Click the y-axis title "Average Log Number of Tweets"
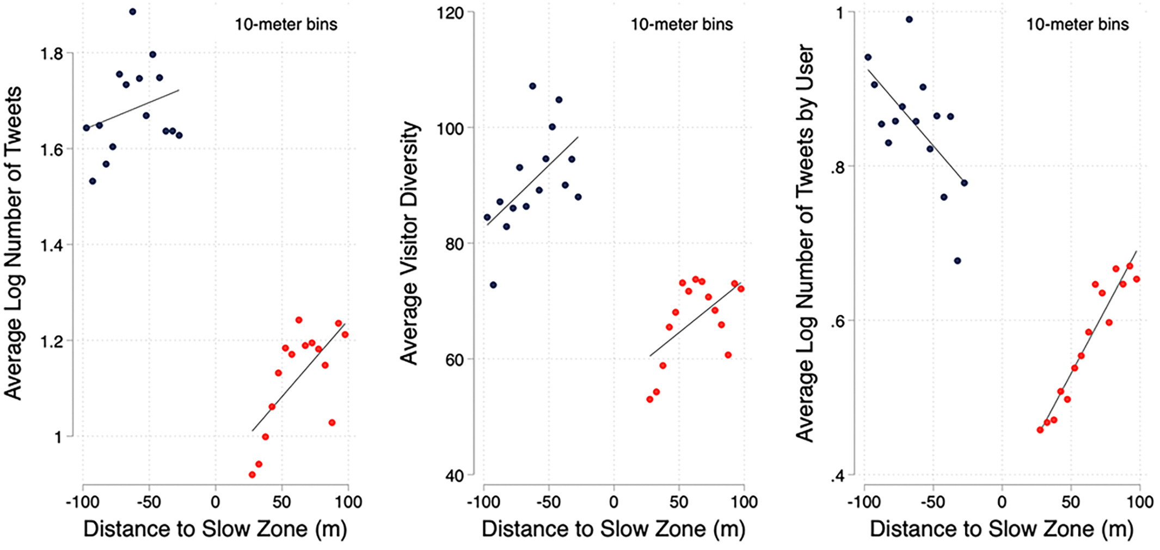13,243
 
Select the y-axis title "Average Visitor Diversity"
409,243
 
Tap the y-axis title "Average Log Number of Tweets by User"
805,243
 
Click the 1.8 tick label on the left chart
52,53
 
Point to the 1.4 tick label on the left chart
52,245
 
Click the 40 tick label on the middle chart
454,475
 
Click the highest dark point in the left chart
132,11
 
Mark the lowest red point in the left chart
252,475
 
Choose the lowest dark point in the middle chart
493,285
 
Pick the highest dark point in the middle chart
532,86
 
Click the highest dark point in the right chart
909,20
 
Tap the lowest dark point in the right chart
958,261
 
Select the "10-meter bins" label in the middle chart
682,25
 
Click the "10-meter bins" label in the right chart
1077,25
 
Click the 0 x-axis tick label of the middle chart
613,502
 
